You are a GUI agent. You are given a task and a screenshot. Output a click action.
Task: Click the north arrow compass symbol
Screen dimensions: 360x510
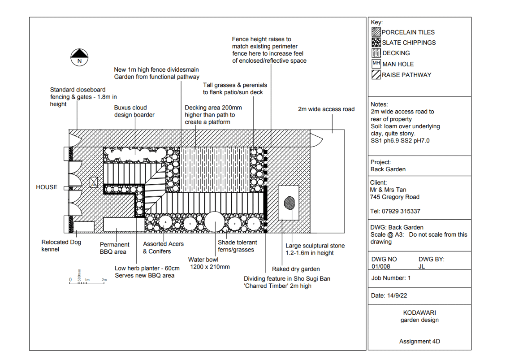[80, 57]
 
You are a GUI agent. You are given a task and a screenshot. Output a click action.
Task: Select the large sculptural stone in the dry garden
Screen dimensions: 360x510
[289, 203]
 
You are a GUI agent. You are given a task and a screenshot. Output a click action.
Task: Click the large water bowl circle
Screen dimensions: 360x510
[214, 221]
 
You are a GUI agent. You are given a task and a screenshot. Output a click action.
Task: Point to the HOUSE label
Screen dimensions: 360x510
[47, 187]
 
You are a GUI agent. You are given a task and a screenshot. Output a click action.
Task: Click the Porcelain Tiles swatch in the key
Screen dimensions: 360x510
[376, 32]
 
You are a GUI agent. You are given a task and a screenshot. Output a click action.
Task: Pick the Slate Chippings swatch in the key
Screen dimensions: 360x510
[376, 43]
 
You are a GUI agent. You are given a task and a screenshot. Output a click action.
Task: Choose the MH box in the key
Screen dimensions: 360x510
[376, 64]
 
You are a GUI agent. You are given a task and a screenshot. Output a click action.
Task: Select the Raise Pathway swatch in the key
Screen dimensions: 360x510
[376, 75]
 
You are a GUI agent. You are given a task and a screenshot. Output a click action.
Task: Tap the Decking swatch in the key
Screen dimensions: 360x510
[376, 53]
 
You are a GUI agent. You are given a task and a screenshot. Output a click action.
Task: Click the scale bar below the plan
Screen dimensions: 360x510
[88, 281]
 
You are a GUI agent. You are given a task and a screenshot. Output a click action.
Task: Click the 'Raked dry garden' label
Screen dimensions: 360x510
[296, 269]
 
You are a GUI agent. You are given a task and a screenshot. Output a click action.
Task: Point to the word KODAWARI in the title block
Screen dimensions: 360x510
[419, 312]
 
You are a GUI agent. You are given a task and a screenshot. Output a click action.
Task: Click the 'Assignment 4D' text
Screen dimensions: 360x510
[419, 342]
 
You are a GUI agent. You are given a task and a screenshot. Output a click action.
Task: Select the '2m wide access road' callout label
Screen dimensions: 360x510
[326, 109]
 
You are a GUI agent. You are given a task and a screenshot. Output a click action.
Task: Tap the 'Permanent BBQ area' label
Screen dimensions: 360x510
[114, 248]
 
